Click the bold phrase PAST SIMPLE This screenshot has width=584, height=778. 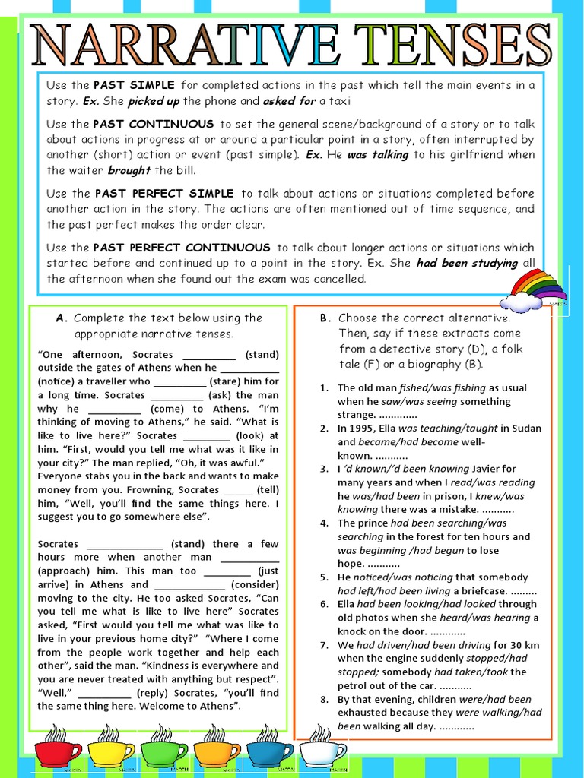point(134,85)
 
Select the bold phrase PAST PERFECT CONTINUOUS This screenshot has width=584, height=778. point(182,248)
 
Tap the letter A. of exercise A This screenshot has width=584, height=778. point(62,318)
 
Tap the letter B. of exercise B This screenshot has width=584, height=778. point(325,318)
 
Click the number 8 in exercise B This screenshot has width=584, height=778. point(323,700)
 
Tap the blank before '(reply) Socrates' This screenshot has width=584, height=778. point(104,694)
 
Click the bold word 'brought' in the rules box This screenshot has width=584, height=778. point(129,170)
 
